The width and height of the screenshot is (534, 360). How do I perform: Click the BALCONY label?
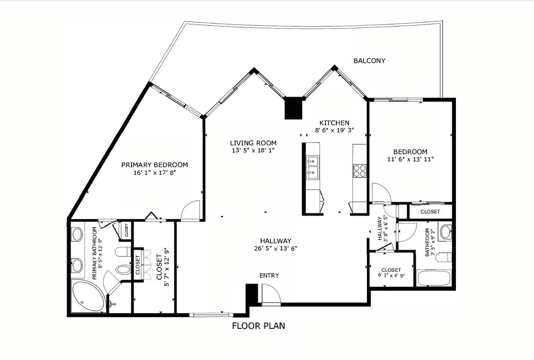[x=369, y=61]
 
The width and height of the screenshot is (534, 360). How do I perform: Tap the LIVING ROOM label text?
[x=253, y=143]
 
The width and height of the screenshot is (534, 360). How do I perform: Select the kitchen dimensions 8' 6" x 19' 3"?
[x=334, y=130]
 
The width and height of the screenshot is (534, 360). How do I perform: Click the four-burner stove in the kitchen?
[x=359, y=171]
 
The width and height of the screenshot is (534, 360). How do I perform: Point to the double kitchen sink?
[x=312, y=168]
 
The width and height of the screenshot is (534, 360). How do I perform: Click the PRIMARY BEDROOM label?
[x=155, y=165]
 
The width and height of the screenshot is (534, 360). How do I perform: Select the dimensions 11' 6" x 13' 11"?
[x=410, y=159]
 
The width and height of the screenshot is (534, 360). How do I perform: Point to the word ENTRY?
[x=269, y=275]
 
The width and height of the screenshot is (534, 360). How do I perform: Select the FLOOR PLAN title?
[x=259, y=326]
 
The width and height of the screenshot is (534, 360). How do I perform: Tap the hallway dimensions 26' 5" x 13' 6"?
[x=275, y=248]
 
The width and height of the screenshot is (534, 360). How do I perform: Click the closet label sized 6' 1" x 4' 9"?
[x=391, y=273]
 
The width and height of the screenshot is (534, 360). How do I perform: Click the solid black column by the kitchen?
[x=293, y=108]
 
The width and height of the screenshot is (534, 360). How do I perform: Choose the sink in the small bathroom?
[x=445, y=232]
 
